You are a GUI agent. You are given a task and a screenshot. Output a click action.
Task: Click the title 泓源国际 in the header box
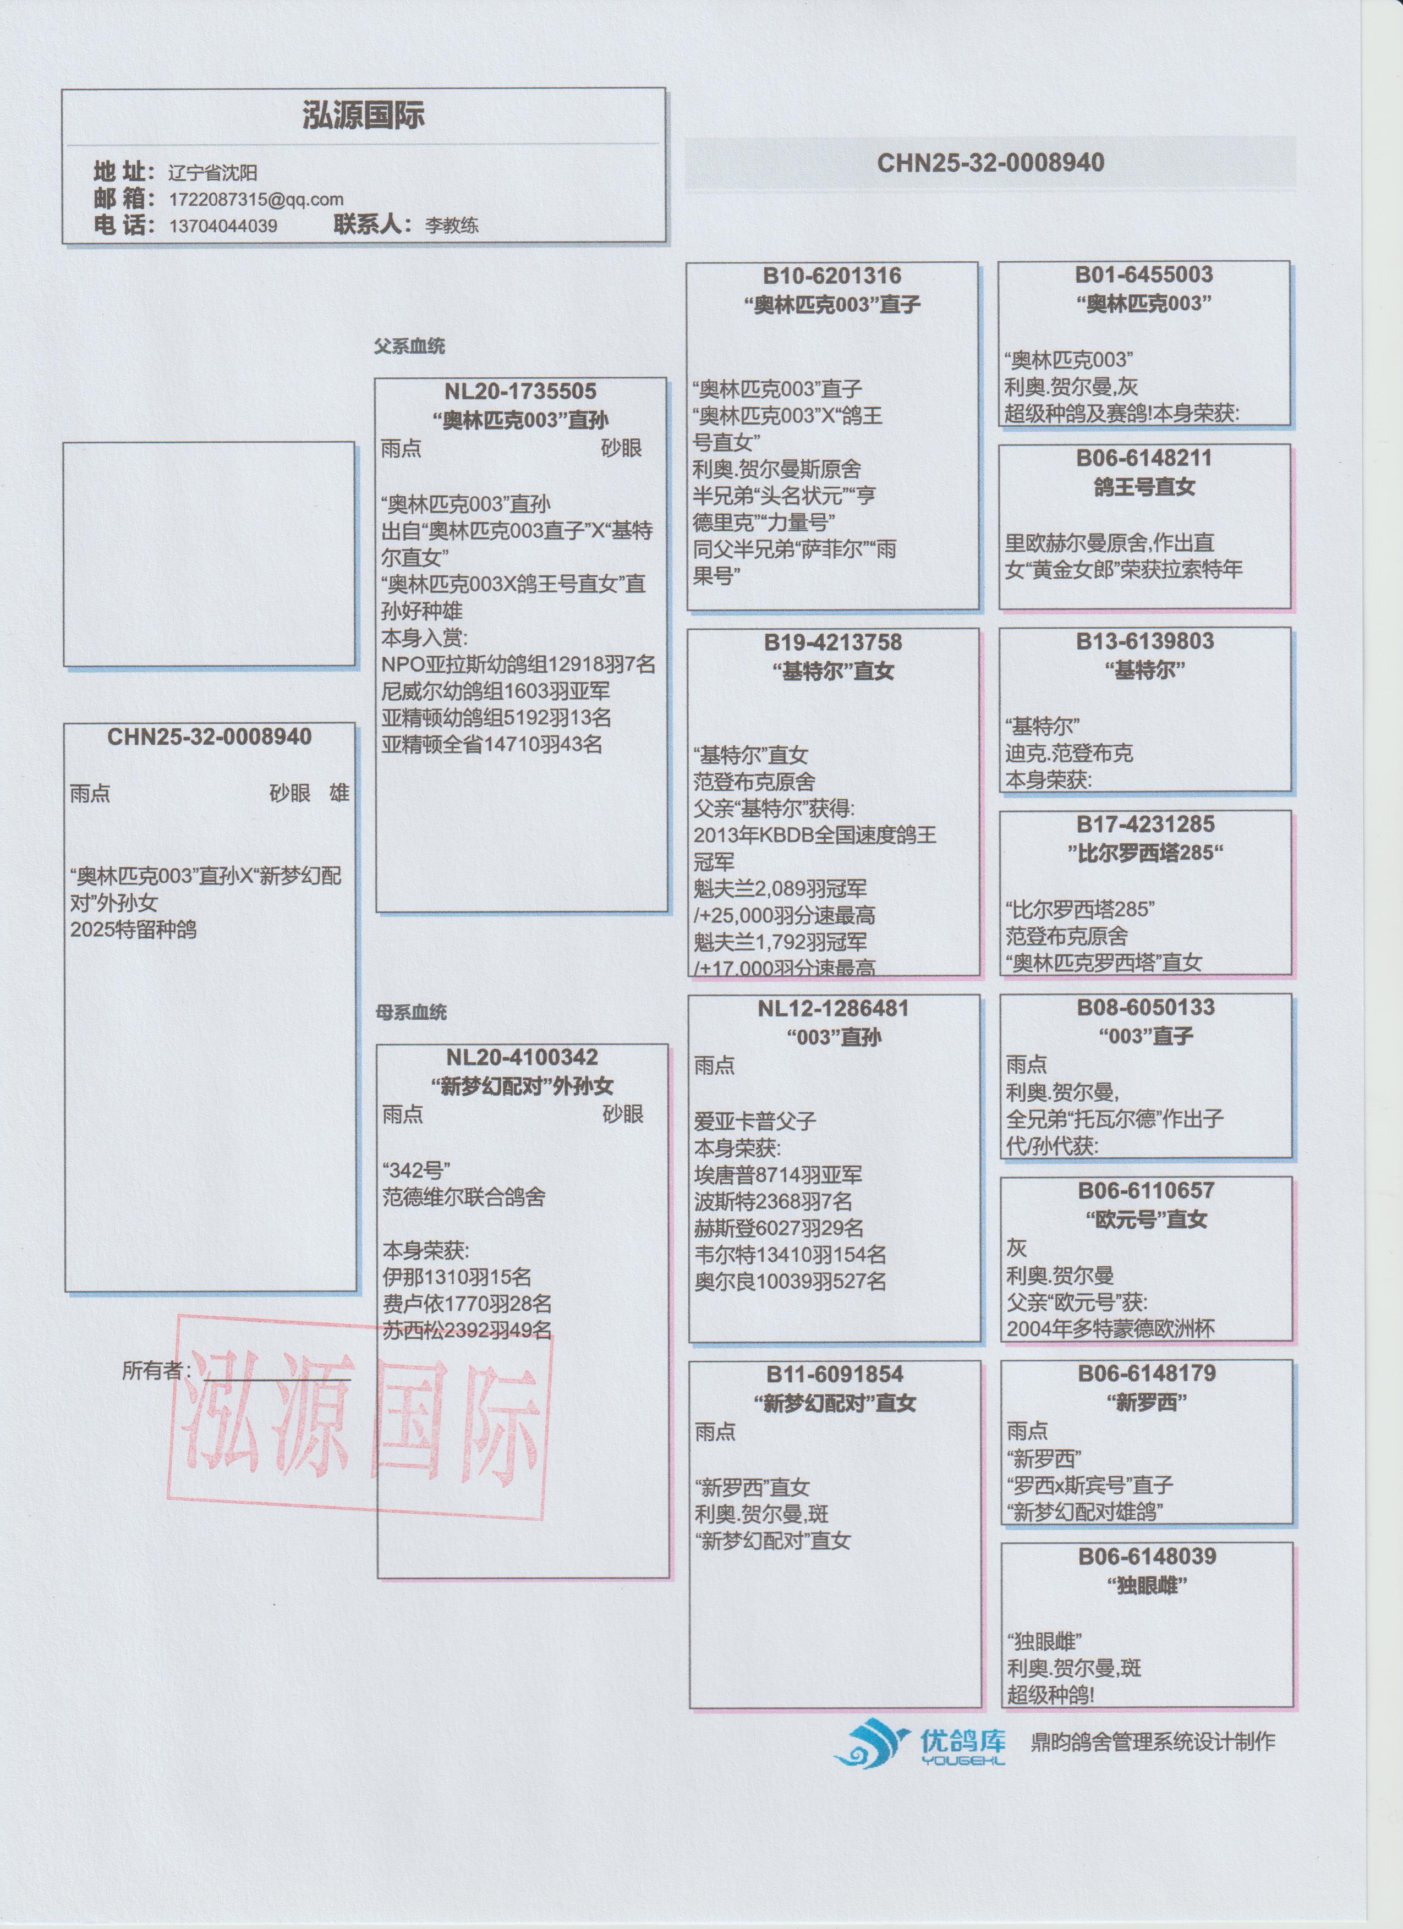(x=363, y=116)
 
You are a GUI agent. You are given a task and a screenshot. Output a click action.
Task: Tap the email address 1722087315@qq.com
(x=256, y=200)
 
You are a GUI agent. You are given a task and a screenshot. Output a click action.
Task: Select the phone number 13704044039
(x=223, y=226)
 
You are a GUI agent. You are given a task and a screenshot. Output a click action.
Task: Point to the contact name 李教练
(x=452, y=226)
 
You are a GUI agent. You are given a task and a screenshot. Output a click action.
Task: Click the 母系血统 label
(x=411, y=1012)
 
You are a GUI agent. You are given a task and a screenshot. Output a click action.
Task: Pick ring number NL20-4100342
(x=522, y=1057)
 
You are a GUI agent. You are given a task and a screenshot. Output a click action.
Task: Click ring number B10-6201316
(x=831, y=276)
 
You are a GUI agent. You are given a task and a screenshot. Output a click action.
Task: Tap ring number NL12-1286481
(x=833, y=1009)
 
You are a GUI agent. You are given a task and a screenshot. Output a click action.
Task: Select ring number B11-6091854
(x=834, y=1375)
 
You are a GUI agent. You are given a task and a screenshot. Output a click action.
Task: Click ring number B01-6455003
(x=1143, y=274)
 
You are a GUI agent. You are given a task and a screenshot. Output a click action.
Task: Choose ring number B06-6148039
(x=1147, y=1557)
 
